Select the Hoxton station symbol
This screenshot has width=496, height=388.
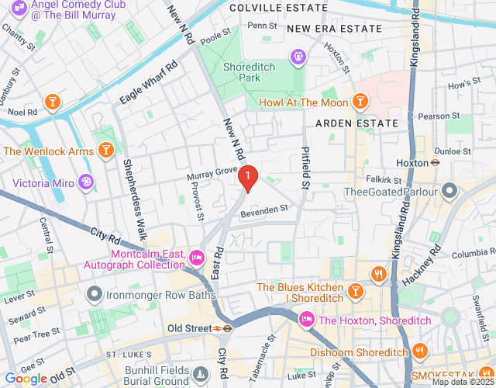pyautogui.click(x=436, y=163)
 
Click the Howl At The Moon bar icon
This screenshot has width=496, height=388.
pyautogui.click(x=359, y=102)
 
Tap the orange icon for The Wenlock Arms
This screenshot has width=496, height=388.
pyautogui.click(x=106, y=151)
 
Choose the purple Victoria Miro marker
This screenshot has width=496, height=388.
pyautogui.click(x=87, y=183)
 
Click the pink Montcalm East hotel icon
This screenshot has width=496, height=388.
pyautogui.click(x=197, y=255)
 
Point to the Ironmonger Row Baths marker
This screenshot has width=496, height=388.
pyautogui.click(x=95, y=294)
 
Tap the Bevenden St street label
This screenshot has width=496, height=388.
pyautogui.click(x=264, y=208)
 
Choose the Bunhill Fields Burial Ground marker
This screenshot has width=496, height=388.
pyautogui.click(x=201, y=375)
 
